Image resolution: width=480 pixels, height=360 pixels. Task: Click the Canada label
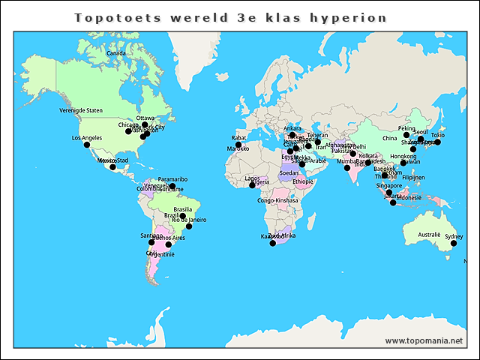115,54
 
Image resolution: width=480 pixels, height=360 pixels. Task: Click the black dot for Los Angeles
86,145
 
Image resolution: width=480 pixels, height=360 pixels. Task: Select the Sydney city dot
453,243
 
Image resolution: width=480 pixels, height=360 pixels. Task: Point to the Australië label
429,235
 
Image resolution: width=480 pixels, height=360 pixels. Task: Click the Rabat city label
238,138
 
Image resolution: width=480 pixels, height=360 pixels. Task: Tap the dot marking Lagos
251,184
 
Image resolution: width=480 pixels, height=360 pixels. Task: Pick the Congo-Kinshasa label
277,201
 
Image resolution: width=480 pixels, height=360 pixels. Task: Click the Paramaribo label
172,179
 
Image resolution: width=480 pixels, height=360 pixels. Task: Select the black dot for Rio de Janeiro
189,226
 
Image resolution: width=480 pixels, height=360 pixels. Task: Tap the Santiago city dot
151,242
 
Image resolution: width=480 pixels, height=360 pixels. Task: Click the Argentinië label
163,255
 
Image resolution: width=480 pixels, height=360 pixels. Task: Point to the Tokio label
438,135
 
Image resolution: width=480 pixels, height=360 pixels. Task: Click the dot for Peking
407,135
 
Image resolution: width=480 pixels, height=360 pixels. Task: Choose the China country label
389,139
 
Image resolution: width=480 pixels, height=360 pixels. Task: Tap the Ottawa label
145,118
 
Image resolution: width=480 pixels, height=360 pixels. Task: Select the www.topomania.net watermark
424,340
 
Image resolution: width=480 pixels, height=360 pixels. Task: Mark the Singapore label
389,186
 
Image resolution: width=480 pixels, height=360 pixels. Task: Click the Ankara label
292,128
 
